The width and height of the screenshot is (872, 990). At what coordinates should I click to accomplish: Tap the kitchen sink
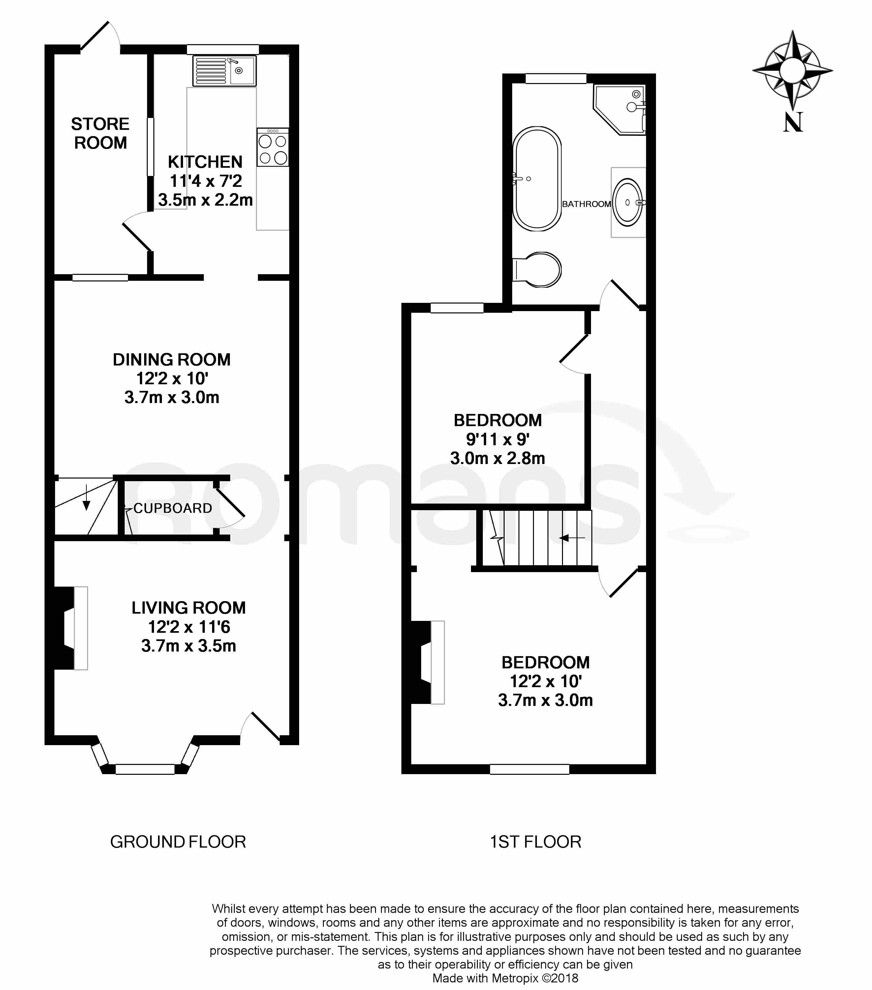pyautogui.click(x=224, y=71)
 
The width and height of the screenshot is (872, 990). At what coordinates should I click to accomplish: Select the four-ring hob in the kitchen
pyautogui.click(x=273, y=148)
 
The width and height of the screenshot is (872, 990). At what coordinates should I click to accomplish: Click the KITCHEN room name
pyautogui.click(x=205, y=162)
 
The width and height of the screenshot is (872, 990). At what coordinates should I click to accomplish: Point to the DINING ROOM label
pyautogui.click(x=171, y=360)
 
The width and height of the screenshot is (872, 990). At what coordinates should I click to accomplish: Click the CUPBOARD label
pyautogui.click(x=172, y=508)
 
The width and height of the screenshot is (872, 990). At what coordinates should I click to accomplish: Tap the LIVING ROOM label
pyautogui.click(x=189, y=608)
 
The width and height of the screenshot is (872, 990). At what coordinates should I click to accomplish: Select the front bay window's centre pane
pyautogui.click(x=145, y=769)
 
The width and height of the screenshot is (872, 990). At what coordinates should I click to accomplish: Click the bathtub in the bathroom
pyautogui.click(x=537, y=179)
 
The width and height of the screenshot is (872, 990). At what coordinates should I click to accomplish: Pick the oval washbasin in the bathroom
pyautogui.click(x=628, y=202)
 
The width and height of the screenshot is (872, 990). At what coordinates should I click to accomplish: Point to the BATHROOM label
pyautogui.click(x=586, y=204)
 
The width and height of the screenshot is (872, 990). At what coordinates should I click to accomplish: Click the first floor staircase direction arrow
pyautogui.click(x=572, y=538)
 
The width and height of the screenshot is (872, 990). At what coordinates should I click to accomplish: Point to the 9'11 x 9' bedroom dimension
pyautogui.click(x=497, y=439)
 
